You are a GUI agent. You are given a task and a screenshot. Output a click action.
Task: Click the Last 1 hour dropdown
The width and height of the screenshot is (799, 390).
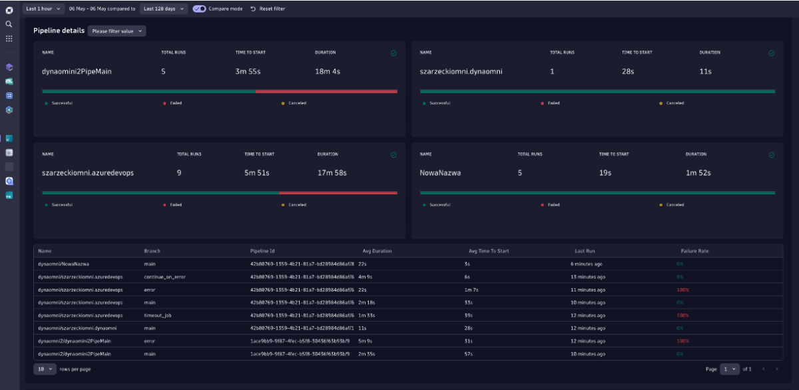pos(43,9)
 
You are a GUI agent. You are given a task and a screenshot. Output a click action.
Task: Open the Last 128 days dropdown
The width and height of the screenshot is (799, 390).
pos(163,9)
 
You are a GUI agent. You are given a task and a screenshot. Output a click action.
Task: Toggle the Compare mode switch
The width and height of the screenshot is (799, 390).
pos(199,9)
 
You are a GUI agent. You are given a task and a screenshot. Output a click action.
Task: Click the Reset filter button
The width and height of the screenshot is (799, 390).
pos(268,9)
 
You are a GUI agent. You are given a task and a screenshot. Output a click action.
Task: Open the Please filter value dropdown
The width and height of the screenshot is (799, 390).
pos(117,31)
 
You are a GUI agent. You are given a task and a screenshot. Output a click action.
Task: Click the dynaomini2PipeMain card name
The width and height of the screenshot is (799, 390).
pos(72,71)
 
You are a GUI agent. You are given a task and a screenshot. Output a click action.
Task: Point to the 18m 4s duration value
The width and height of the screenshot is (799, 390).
pos(328,71)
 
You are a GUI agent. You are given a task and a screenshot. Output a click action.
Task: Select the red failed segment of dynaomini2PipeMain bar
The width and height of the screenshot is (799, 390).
pos(326,91)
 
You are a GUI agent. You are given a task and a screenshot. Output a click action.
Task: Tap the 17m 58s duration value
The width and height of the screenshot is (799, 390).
pos(332,173)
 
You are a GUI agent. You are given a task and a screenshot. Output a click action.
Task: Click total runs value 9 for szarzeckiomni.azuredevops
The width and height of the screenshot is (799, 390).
pos(179,173)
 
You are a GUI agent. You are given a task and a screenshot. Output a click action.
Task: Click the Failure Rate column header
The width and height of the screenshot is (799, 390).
pos(694,251)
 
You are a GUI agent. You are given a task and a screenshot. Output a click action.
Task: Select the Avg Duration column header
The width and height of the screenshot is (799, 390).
pos(377,251)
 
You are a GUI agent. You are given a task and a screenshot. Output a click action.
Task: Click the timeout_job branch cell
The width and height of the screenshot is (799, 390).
pos(158,315)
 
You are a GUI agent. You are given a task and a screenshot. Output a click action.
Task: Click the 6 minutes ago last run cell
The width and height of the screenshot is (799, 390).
pos(586,264)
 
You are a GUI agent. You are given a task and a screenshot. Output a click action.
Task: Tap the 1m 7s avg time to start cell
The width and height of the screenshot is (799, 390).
pos(472,290)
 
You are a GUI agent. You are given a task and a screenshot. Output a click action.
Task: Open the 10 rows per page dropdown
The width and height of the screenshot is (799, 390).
pos(45,369)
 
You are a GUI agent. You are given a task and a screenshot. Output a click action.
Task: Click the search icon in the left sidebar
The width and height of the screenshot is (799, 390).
pos(9,24)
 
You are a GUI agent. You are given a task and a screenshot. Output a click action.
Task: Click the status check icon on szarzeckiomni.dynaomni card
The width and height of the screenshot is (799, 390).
pos(772,53)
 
